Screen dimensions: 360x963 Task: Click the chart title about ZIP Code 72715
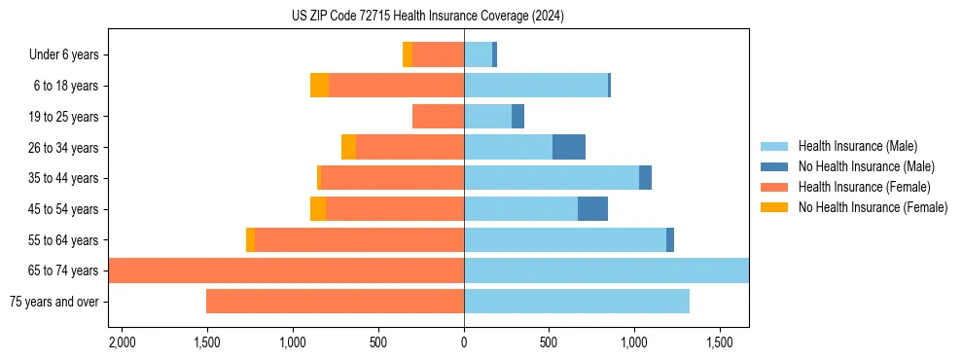pos(428,17)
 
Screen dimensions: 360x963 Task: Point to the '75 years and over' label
pos(54,302)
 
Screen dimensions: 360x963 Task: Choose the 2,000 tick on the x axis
pos(122,342)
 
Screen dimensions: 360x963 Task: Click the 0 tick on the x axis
pos(464,342)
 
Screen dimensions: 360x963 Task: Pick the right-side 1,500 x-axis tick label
pos(720,342)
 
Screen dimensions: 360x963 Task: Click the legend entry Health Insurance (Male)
pos(857,147)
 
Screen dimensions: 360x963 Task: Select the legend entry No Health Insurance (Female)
pos(873,207)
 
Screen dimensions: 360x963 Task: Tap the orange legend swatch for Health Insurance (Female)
pos(774,187)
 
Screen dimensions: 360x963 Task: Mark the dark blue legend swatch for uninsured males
pos(774,166)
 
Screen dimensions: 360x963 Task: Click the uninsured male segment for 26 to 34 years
pos(569,147)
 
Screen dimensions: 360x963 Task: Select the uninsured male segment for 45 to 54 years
pos(592,209)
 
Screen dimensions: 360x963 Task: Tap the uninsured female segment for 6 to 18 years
pos(319,86)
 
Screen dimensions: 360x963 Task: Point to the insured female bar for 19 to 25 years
pos(438,117)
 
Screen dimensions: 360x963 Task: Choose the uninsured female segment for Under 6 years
pos(408,55)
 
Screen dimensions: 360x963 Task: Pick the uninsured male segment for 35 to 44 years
pos(645,178)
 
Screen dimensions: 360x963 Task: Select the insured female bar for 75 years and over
pos(335,302)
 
